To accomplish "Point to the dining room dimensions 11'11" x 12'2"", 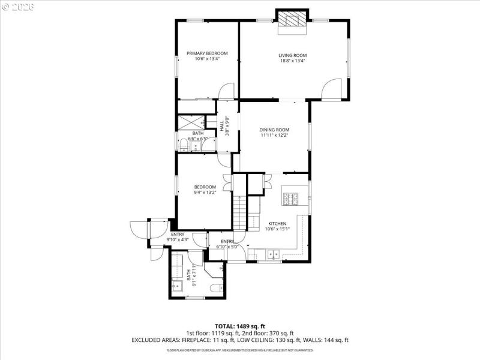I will tap(275, 135).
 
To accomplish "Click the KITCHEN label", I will tap(277, 223).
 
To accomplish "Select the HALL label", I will tap(222, 127).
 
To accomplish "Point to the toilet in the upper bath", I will tap(183, 144).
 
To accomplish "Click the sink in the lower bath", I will tap(178, 286).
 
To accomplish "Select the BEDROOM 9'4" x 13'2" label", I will tap(205, 190).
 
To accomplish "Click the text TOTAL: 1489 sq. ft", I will tap(239, 325).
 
